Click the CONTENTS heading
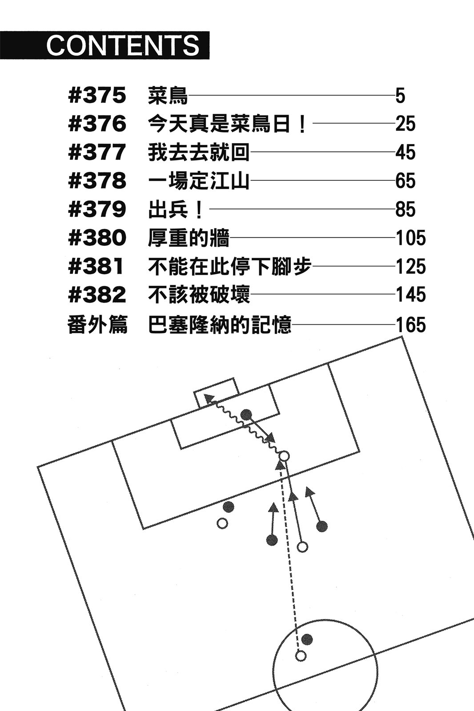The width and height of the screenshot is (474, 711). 123,45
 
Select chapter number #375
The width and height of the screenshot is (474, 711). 97,96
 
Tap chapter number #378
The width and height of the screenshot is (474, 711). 97,181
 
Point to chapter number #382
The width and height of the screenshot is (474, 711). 97,295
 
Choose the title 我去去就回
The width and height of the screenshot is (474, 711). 198,152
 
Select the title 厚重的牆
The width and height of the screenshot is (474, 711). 188,238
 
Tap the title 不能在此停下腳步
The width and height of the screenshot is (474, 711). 229,267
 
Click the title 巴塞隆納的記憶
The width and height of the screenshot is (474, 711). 219,324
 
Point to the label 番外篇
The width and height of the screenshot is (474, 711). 97,324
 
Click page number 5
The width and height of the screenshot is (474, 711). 400,96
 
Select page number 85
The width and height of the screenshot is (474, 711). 405,209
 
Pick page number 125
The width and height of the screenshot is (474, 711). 410,267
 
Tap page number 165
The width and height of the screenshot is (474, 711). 410,324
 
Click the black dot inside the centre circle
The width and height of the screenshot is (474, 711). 307,639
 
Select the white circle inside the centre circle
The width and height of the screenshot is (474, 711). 301,655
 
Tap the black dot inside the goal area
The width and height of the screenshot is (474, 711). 246,415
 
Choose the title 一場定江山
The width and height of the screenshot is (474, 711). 198,181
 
